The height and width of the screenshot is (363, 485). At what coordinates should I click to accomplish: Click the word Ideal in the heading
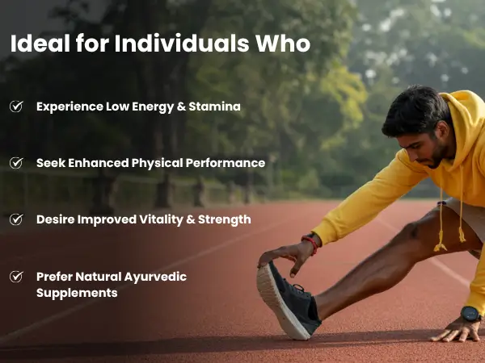[40, 44]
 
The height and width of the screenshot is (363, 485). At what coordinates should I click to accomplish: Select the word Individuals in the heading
[182, 44]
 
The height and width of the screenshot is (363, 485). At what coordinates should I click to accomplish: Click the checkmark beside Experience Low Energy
[16, 106]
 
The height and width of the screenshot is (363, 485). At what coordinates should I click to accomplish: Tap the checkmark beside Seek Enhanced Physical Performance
[16, 163]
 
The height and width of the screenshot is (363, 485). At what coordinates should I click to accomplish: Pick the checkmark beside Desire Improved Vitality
[16, 219]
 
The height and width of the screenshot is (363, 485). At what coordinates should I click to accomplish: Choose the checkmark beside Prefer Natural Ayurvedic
[16, 276]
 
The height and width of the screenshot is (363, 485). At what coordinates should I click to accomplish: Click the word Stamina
[215, 106]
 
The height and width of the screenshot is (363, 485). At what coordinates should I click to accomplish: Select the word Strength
[225, 219]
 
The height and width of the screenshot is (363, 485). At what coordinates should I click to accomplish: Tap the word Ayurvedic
[155, 277]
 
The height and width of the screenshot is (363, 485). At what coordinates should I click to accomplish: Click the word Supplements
[77, 293]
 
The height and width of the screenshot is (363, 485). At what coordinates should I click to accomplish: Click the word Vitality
[161, 219]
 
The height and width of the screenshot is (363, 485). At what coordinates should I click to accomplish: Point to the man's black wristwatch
[470, 314]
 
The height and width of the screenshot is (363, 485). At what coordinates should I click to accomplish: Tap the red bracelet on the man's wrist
[312, 243]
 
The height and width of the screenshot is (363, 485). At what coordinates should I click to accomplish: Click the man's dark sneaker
[288, 301]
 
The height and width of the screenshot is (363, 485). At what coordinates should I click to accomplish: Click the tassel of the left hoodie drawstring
[441, 243]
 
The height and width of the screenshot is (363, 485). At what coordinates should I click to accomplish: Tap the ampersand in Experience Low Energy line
[181, 106]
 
